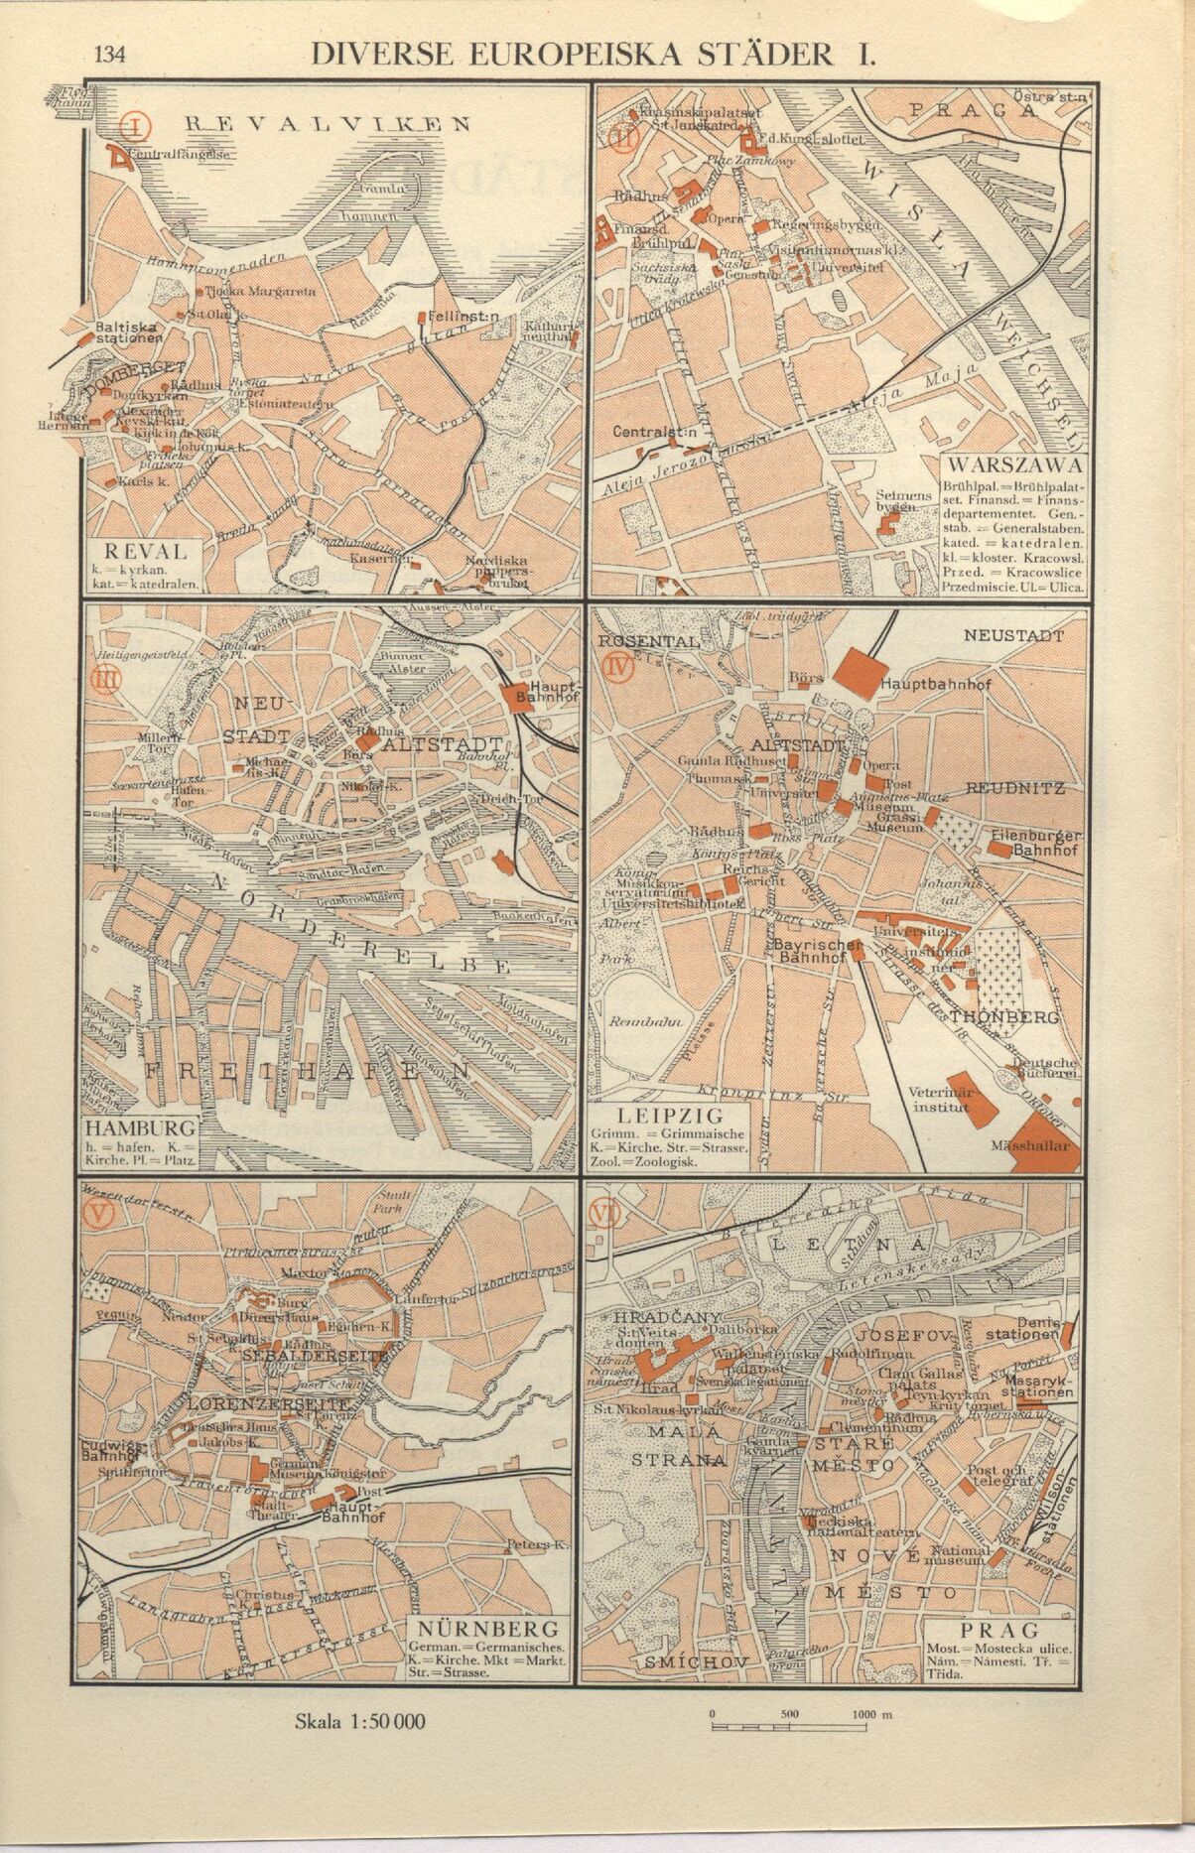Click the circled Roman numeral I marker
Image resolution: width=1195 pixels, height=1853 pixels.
coord(135,126)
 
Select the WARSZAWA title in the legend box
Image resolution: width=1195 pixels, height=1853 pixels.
coord(1014,464)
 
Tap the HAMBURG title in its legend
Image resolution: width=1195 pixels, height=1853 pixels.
coord(138,1128)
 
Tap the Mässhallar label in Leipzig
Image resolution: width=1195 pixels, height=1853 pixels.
coord(1032,1145)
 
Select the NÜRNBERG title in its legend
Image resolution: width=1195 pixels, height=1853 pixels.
coord(488,1629)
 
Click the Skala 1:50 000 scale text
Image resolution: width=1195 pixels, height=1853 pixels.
coord(360,1720)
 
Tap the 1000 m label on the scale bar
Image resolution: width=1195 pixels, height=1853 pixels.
coord(871,1715)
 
